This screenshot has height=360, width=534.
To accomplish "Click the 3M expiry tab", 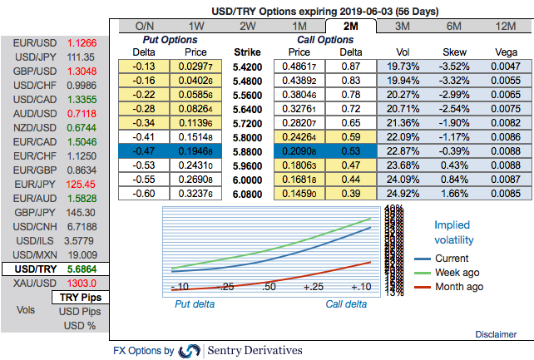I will pos(402,26).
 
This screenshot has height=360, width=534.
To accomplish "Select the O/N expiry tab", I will pos(144,26).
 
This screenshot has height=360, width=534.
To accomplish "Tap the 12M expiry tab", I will pos(505,26).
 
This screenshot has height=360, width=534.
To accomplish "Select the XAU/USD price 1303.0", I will pos(82,284).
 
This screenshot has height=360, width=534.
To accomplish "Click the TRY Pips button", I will pos(81,297).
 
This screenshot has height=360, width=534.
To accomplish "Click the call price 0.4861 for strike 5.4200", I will pos(300,66).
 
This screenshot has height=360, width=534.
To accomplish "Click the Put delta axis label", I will pos(194,303).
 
